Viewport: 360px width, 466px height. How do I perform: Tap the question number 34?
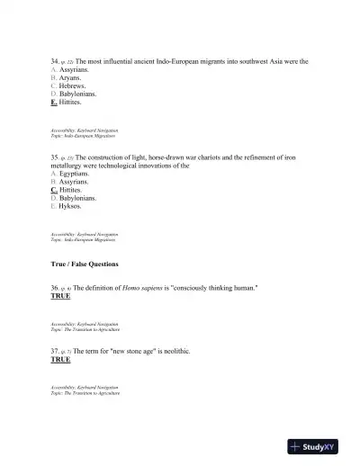[x=55, y=61]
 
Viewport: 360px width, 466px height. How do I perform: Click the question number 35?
[x=55, y=157]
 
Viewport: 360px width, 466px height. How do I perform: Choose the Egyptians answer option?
[x=74, y=174]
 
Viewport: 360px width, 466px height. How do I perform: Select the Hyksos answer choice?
[x=69, y=206]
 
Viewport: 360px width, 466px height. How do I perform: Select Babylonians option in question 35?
[x=77, y=198]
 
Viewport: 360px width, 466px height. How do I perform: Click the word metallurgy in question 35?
[x=69, y=166]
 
